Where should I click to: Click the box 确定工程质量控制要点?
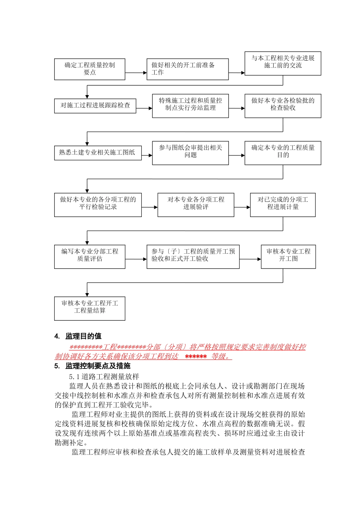coord(89,69)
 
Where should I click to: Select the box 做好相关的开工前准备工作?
coord(188,69)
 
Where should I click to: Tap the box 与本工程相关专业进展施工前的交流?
coord(283,63)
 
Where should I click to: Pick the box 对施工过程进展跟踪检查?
coord(95,105)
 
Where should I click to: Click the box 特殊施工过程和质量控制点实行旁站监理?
coord(190,106)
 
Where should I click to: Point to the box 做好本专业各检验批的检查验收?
coord(283,106)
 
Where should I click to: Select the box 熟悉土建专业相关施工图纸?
coord(98,153)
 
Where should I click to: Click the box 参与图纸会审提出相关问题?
coord(190,153)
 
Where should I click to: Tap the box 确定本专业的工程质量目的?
coord(283,153)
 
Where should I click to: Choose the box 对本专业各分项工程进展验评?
coord(196,205)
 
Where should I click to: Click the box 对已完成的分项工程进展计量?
coord(283,205)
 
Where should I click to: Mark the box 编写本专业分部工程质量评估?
coord(89,257)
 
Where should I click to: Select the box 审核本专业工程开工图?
coord(288,257)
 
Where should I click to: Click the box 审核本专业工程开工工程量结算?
coord(89,308)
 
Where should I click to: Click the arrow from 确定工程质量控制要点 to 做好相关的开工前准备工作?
coord(136,73)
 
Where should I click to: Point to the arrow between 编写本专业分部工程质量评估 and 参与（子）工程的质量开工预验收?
coord(136,259)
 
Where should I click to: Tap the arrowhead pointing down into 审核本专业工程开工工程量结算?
coord(87,294)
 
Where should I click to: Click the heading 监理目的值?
coord(83,336)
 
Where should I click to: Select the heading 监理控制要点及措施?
coord(98,366)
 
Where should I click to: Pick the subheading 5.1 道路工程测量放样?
coord(104,377)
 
